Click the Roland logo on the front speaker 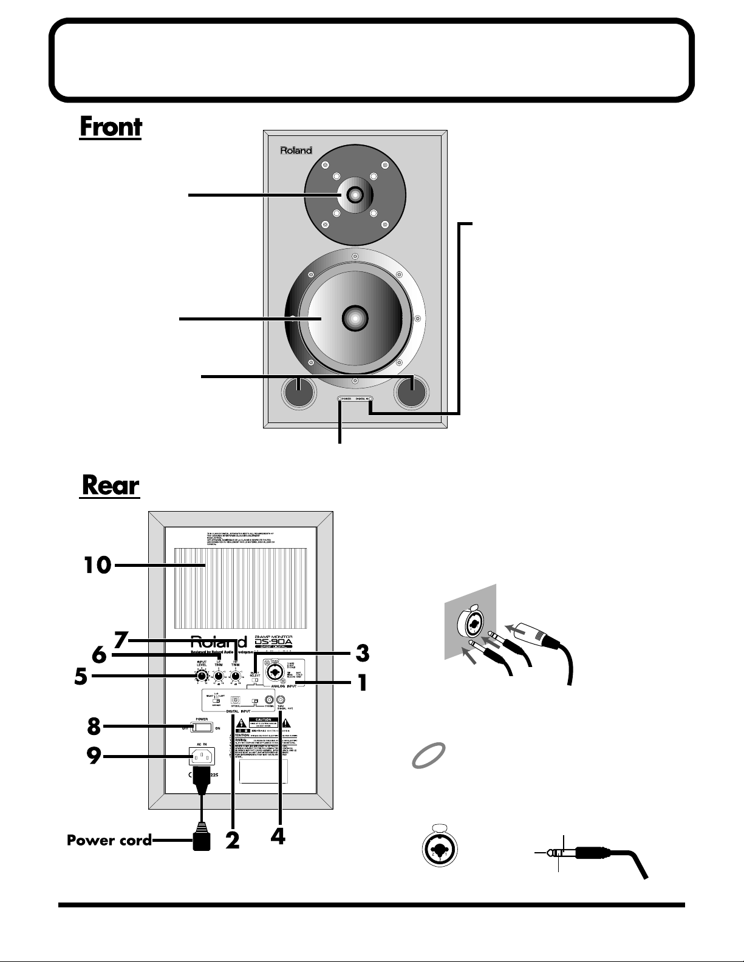(296, 151)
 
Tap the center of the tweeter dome (355, 195)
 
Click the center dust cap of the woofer (355, 317)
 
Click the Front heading (111, 127)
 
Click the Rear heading (110, 486)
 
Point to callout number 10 (97, 566)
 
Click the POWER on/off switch (202, 727)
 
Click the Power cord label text (109, 841)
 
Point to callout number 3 (362, 653)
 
